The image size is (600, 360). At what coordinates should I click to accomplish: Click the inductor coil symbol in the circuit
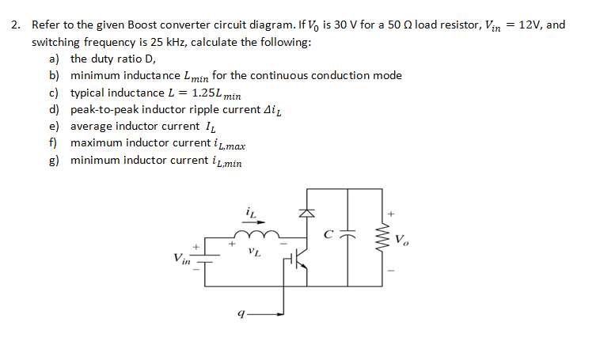tap(256, 235)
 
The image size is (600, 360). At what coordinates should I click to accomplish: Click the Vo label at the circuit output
tap(402, 239)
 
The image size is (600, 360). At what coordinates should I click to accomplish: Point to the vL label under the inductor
tap(253, 252)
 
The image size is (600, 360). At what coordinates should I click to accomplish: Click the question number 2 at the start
tap(15, 25)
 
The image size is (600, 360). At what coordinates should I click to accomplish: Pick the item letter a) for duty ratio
tap(54, 59)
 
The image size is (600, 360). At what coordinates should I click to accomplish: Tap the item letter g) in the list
tap(54, 161)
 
